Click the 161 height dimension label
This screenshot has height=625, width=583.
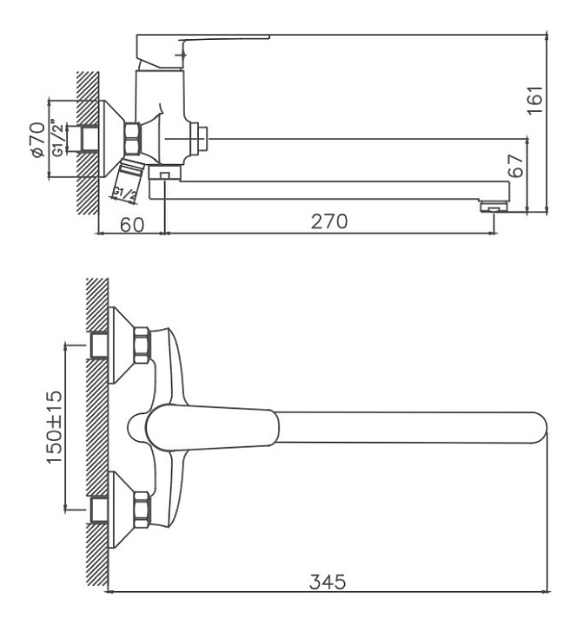coord(534,100)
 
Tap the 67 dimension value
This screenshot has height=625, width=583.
coord(515,166)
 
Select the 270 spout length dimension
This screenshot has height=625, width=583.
coord(329,221)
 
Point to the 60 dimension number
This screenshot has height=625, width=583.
coord(132,225)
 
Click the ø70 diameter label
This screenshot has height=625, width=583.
coord(38,140)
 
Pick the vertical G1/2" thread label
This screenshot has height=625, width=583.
coord(57,137)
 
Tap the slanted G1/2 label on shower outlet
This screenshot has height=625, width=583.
coord(124,195)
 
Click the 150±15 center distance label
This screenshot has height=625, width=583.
coord(54,426)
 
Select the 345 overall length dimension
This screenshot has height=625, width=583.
coord(328,582)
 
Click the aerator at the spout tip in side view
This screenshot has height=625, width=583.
coord(494,207)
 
